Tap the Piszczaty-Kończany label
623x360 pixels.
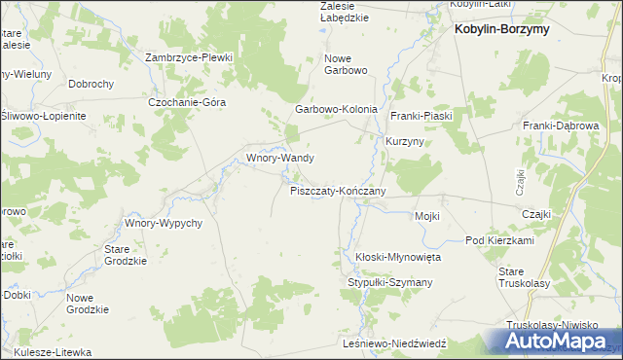click(338, 191)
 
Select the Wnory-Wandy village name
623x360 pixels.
click(279, 157)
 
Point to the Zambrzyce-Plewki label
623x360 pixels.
click(190, 57)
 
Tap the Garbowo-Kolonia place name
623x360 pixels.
click(336, 110)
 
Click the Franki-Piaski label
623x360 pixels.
click(419, 116)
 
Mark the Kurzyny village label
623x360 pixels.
click(405, 141)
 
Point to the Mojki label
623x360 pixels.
click(427, 216)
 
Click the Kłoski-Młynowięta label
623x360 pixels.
click(398, 257)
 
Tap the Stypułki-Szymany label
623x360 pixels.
click(389, 282)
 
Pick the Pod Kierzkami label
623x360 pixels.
click(499, 240)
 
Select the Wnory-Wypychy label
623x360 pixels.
click(163, 223)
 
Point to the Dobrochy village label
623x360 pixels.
click(92, 85)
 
